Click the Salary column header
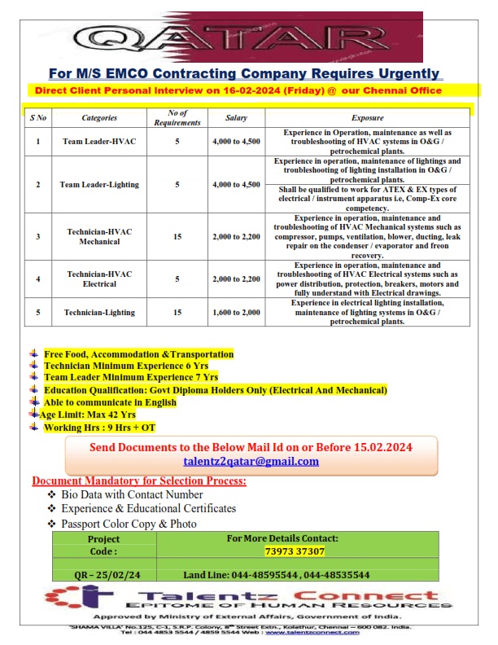236,118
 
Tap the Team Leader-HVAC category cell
99,142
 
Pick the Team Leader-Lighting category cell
99,185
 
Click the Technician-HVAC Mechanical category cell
99,236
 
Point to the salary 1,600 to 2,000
236,312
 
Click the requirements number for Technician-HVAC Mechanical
177,236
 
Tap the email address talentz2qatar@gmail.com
251,461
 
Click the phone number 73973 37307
295,551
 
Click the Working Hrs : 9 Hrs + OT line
99,427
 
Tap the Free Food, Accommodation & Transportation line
138,354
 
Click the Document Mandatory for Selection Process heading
138,480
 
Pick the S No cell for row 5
37,312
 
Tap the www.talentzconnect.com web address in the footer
303,632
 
